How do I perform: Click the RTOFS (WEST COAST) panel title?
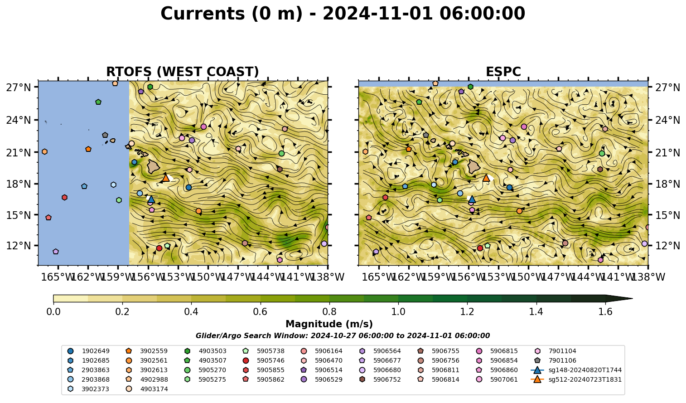[x=183, y=72]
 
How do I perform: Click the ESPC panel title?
[x=503, y=72]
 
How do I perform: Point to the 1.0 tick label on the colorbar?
[x=398, y=312]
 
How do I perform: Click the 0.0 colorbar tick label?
[x=53, y=312]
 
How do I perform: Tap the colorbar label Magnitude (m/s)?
[x=329, y=324]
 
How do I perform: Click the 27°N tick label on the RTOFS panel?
[x=19, y=87]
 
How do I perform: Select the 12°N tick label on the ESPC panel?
[x=667, y=246]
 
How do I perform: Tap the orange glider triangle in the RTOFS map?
[x=166, y=178]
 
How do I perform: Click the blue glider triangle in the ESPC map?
[x=472, y=199]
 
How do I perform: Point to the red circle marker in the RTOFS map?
[x=159, y=248]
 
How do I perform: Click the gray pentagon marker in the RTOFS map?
[x=105, y=135]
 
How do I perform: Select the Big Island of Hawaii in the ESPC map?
[x=474, y=166]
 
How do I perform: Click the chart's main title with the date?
[x=343, y=14]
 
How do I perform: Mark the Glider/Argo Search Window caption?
[x=343, y=335]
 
